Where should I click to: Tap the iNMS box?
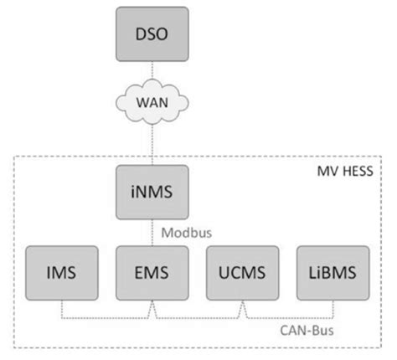click(x=152, y=192)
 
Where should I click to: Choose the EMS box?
click(x=152, y=272)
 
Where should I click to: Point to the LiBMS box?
click(x=332, y=272)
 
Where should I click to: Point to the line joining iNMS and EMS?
click(x=152, y=231)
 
